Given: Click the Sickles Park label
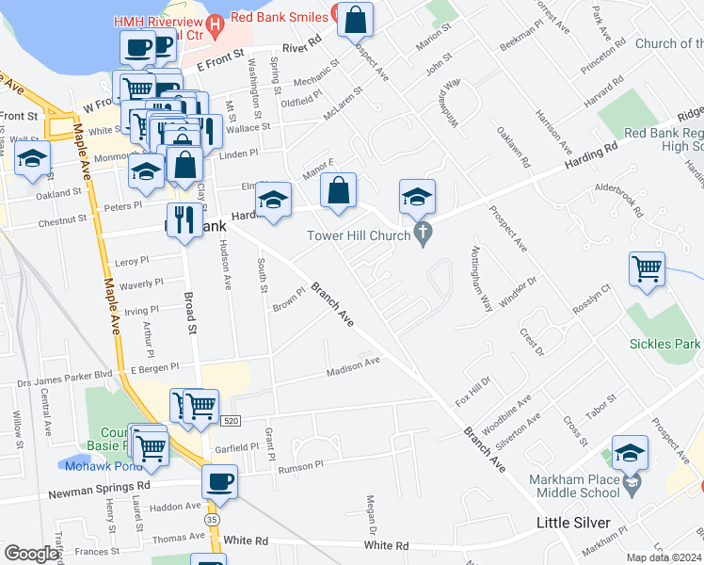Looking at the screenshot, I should click(x=665, y=344).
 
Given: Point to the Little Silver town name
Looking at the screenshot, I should click(x=573, y=523).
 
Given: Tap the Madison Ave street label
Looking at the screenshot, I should click(x=353, y=366).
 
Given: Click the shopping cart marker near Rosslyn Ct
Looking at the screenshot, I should click(x=647, y=269).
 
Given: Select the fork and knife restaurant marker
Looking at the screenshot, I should click(x=184, y=220).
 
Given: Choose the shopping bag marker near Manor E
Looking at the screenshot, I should click(x=339, y=190).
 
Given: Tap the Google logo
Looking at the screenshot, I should click(x=31, y=554).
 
